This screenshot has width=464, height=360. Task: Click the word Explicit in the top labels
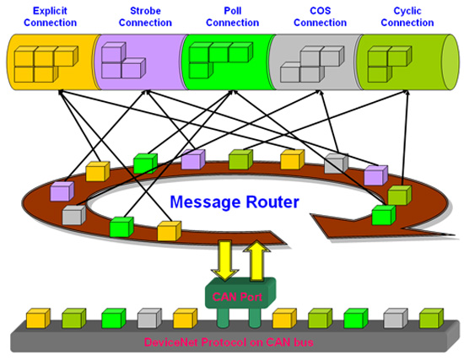point(50,11)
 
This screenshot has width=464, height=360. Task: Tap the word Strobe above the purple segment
point(145,11)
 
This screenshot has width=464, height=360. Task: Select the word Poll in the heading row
point(233,11)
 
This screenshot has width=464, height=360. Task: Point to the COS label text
point(321,11)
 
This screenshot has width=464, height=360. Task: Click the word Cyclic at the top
point(407,11)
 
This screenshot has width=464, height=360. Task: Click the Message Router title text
point(235,201)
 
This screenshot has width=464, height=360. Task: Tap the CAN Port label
point(237,297)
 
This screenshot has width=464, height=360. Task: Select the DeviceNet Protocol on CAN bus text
point(229,342)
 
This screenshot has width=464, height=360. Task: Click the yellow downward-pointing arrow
point(225,260)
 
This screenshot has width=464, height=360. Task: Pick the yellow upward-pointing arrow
point(256,261)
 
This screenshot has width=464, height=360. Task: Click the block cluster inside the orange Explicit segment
point(46,64)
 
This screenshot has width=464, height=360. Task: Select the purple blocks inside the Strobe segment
point(123,61)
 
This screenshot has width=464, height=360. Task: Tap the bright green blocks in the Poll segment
point(220,60)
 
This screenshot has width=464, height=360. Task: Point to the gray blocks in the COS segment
point(312,64)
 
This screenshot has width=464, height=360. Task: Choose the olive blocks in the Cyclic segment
point(390,64)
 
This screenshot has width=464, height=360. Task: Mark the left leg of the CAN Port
point(223,317)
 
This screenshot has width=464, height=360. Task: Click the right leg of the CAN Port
point(255,317)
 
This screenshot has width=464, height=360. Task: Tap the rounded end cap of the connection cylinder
point(451,62)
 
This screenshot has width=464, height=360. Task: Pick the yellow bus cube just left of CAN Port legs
point(185,319)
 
